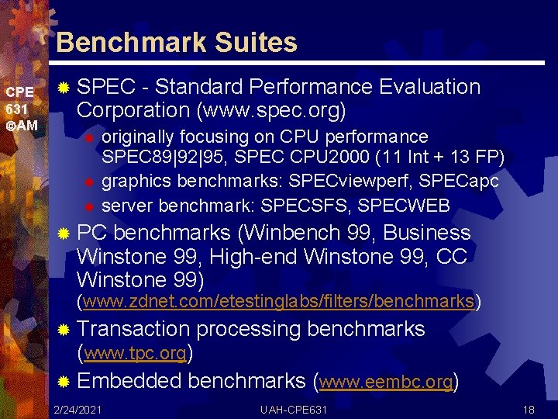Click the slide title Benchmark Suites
(177, 42)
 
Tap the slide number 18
(529, 409)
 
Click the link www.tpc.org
(135, 354)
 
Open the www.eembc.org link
(385, 382)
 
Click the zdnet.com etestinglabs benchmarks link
(279, 301)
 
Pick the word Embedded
(129, 381)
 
